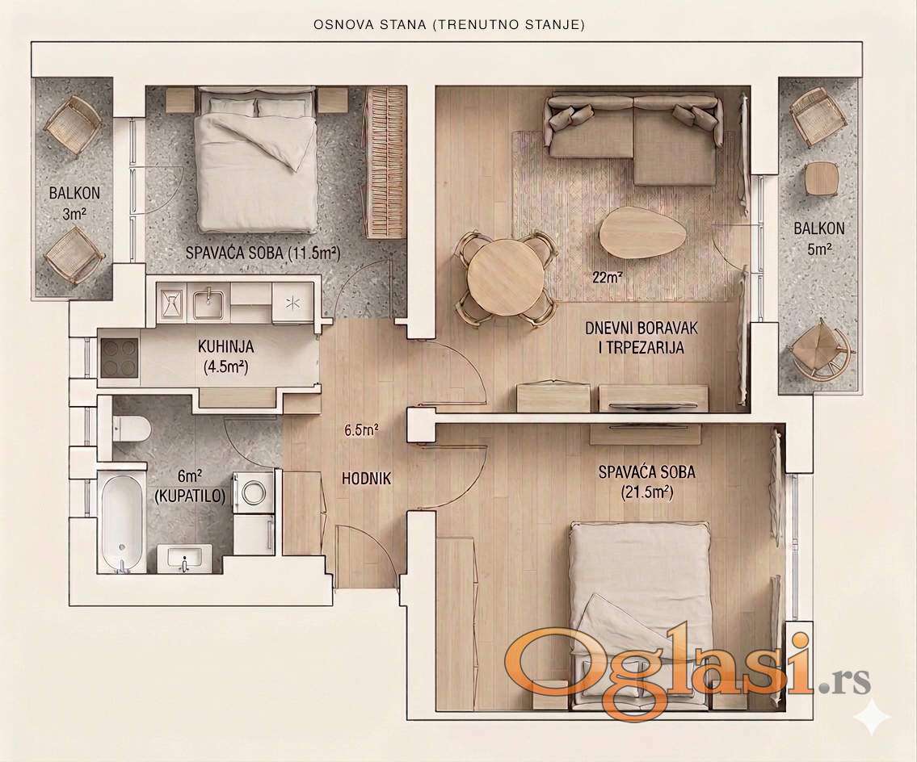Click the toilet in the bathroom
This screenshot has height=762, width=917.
click(131, 429)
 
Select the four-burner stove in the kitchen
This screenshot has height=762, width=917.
click(120, 358)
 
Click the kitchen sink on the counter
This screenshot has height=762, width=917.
click(208, 304)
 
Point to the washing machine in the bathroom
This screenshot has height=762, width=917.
click(254, 492)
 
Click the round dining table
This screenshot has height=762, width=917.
click(505, 278)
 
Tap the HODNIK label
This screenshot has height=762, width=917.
click(366, 479)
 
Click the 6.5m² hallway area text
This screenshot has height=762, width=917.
click(361, 431)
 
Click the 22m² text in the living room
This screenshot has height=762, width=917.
click(607, 277)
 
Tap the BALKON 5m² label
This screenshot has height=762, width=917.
click(818, 238)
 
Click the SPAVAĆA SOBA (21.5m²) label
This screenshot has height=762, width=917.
click(647, 482)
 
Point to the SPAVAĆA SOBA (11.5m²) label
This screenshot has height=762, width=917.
click(263, 253)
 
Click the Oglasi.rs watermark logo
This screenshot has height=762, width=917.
click(688, 669)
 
